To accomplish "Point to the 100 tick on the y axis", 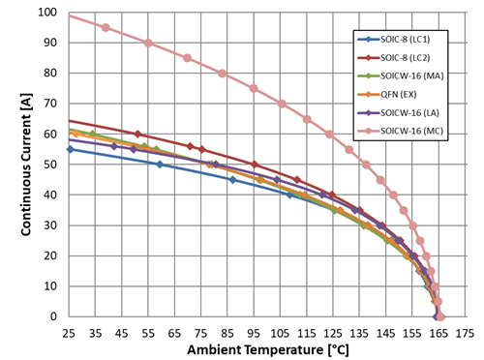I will [x=49, y=13].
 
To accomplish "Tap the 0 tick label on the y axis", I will [x=55, y=316].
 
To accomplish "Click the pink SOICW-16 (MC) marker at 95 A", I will [x=106, y=27].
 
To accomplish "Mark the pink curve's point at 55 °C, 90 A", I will [x=148, y=43].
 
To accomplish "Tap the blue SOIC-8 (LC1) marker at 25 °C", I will [x=70, y=149].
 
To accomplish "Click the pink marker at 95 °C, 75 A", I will [x=254, y=88].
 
